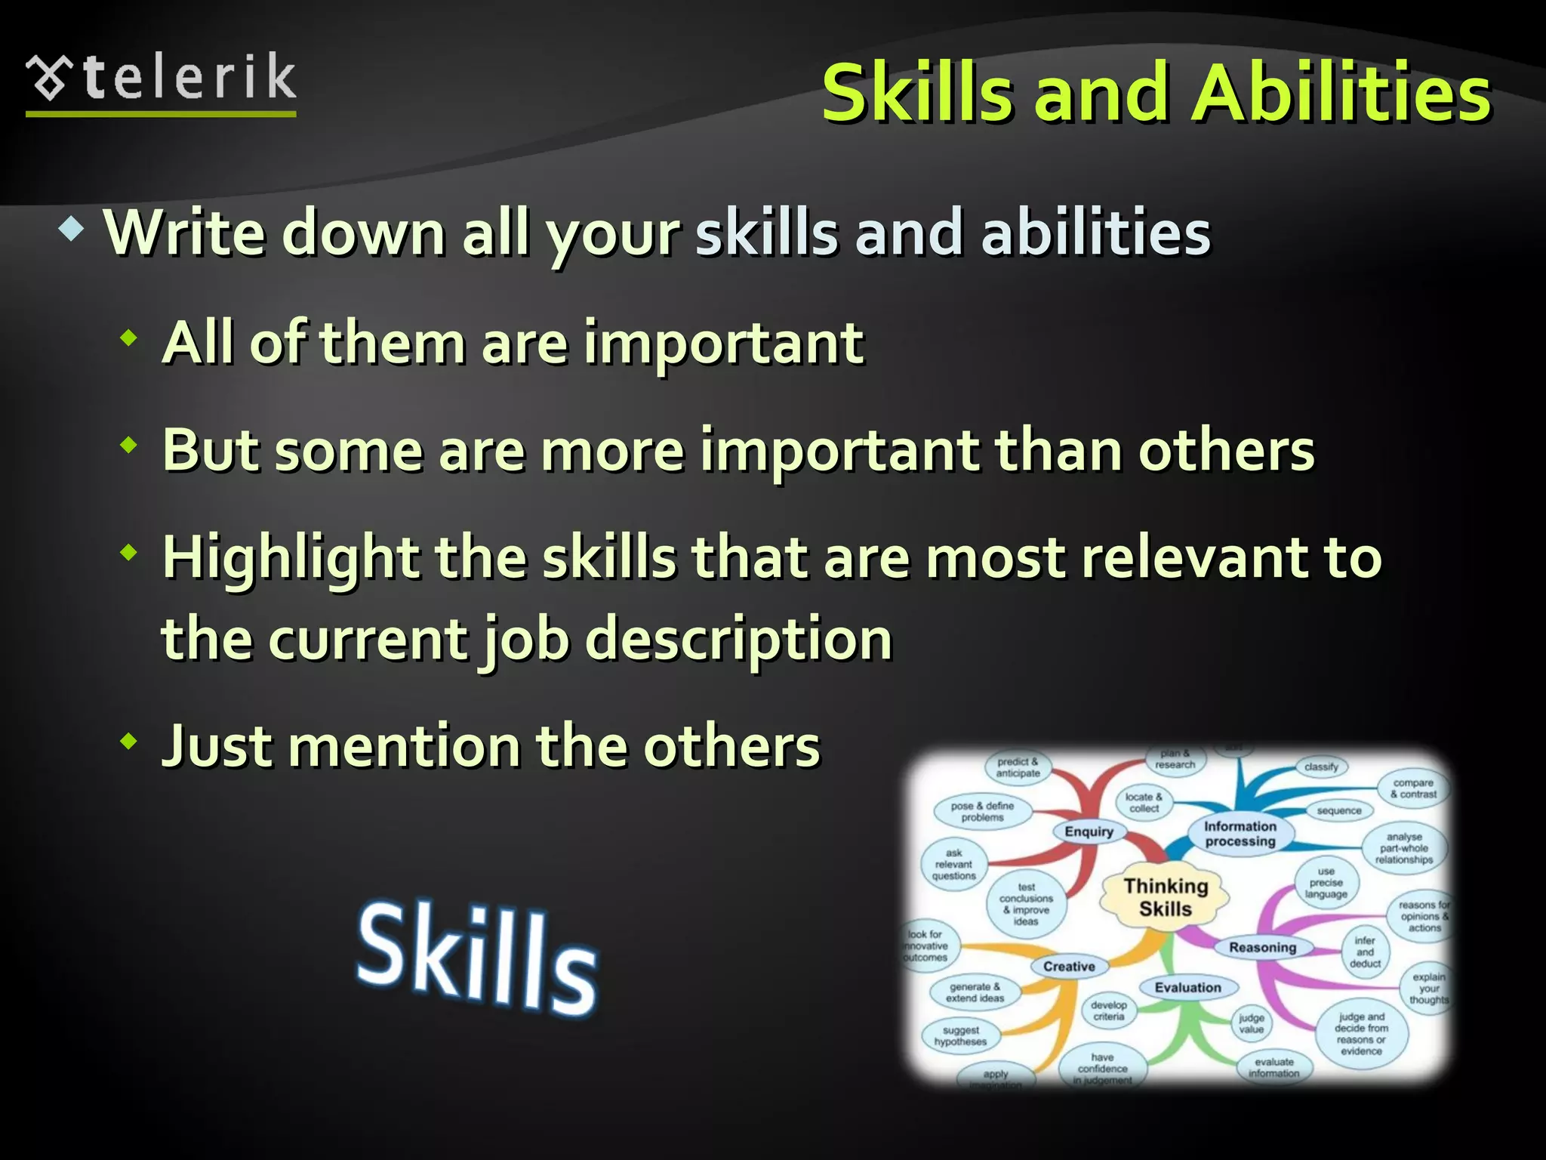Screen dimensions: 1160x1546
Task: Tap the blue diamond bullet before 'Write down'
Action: click(72, 230)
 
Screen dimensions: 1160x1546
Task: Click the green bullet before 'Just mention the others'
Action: click(129, 741)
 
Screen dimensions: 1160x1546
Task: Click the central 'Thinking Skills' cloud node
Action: click(1165, 896)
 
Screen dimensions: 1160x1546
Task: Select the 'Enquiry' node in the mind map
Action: click(1089, 831)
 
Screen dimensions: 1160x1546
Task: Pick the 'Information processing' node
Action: click(1240, 834)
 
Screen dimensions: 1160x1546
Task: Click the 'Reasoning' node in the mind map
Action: click(1262, 947)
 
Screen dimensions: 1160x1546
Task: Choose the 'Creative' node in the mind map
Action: click(1068, 966)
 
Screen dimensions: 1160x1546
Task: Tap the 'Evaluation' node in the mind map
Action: click(1187, 987)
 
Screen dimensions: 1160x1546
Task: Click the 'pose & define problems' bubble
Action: click(982, 812)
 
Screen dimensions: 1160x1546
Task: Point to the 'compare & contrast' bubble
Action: click(1412, 788)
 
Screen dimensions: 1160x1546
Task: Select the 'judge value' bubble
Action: click(1251, 1023)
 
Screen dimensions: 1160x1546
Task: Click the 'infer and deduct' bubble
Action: click(1365, 952)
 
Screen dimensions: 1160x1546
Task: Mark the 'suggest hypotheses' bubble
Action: click(960, 1035)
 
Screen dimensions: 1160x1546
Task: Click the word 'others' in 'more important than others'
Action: click(1226, 451)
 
